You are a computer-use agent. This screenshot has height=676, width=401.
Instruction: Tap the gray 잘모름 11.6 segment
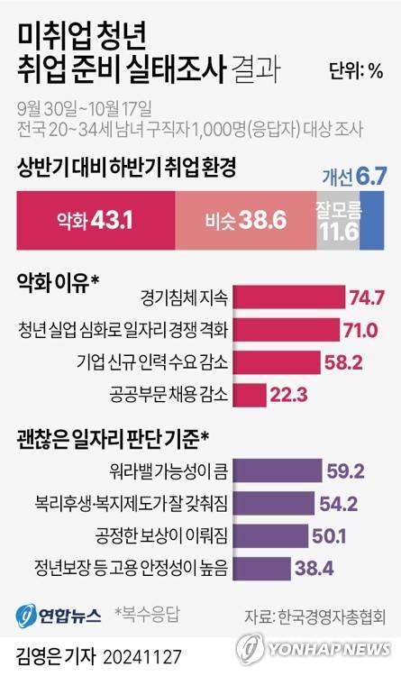coord(338,218)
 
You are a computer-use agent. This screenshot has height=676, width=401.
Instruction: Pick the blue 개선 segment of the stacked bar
coord(372,218)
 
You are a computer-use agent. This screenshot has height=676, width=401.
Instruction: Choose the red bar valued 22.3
coord(254,395)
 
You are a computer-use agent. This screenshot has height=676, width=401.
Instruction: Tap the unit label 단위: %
coord(356,71)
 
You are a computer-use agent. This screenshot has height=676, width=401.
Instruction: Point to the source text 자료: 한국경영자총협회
coord(314,617)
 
